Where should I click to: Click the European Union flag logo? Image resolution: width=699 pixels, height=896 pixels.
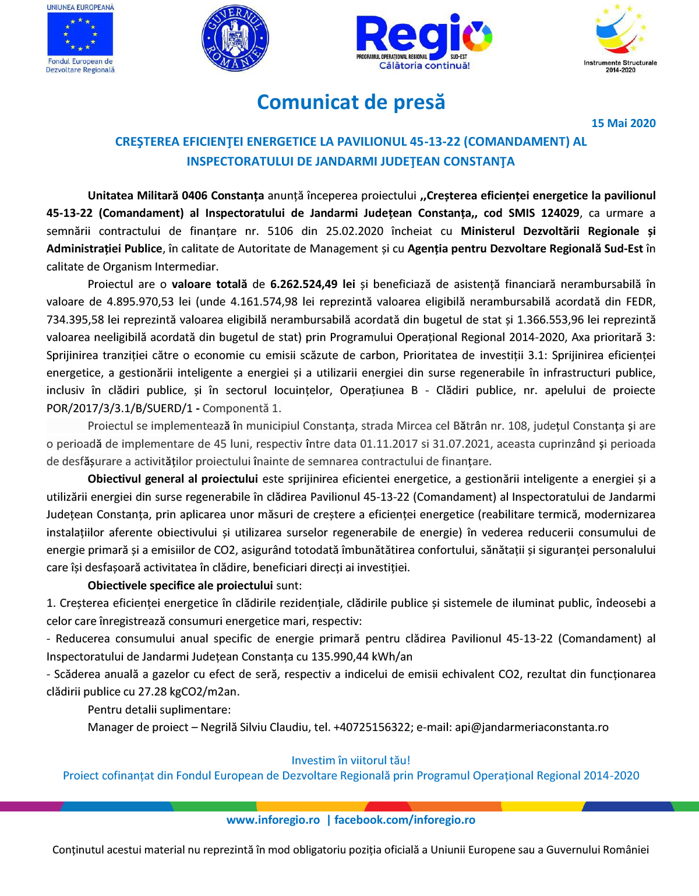[80, 34]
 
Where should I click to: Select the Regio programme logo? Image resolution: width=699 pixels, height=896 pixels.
[423, 41]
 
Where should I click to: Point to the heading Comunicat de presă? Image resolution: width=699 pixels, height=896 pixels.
[351, 102]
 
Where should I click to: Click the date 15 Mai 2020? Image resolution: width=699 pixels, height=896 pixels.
[623, 123]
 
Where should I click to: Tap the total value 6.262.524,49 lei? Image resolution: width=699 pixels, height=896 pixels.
[312, 284]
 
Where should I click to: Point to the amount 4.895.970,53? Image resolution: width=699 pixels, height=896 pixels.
[140, 302]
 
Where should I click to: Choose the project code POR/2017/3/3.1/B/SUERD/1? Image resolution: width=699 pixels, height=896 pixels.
[119, 408]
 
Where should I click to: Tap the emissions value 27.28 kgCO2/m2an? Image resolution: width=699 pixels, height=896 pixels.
[189, 692]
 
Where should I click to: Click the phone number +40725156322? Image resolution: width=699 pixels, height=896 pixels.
[372, 728]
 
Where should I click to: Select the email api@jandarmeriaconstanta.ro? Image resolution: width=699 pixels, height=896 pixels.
[531, 728]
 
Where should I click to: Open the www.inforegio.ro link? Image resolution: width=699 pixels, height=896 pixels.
[273, 820]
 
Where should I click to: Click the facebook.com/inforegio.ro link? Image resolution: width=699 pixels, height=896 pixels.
[404, 820]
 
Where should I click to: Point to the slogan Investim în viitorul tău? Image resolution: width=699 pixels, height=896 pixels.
[351, 760]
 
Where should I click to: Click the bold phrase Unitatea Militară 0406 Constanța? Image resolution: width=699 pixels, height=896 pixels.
[175, 196]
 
